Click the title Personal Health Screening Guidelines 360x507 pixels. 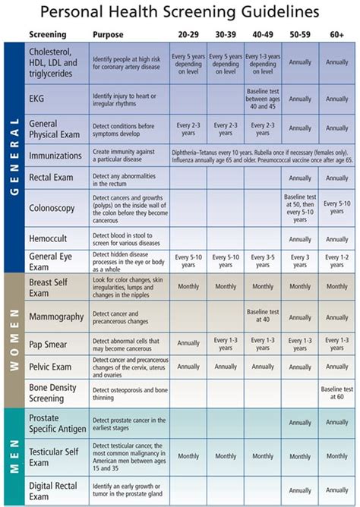pos(180,13)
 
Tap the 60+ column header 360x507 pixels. pos(337,35)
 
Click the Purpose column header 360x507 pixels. pos(108,35)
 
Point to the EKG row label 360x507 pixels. pos(37,99)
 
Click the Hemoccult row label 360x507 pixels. pos(48,238)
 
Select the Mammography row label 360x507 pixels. pos(55,316)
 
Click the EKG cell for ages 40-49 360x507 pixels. pos(262,99)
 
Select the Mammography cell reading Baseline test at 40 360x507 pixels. pos(262,316)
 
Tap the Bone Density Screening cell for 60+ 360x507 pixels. pos(337,394)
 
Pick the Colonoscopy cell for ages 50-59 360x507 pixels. pos(299,206)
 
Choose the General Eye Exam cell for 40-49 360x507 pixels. pos(262,262)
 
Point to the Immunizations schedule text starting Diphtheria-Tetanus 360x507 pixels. pos(262,156)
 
